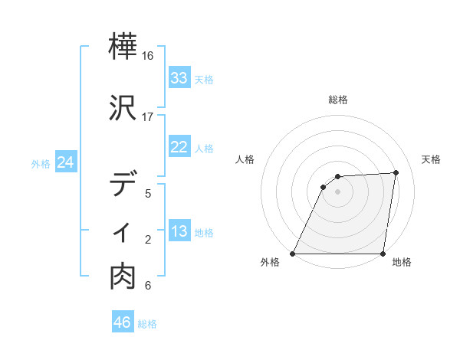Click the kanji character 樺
point(124,48)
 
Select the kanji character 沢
point(124,108)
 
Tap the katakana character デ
point(124,184)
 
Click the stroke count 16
point(148,57)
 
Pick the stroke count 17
point(148,117)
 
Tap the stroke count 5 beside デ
point(148,193)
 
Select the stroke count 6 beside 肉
point(148,286)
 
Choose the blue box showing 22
point(179,147)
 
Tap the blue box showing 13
point(179,232)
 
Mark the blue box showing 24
point(65,162)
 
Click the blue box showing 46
point(123,322)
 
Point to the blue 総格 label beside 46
point(148,324)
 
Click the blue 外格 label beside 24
point(41,163)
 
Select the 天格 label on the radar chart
point(431,159)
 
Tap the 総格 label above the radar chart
point(338,100)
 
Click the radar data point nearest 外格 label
point(293,254)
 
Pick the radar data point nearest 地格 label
point(383,254)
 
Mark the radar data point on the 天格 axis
point(396,172)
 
